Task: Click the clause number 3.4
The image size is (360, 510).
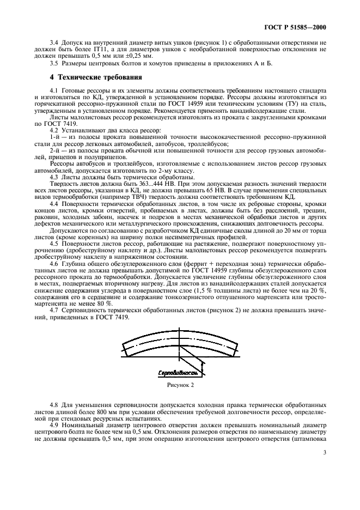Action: pos(53,42)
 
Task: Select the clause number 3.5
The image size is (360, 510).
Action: pos(53,63)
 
